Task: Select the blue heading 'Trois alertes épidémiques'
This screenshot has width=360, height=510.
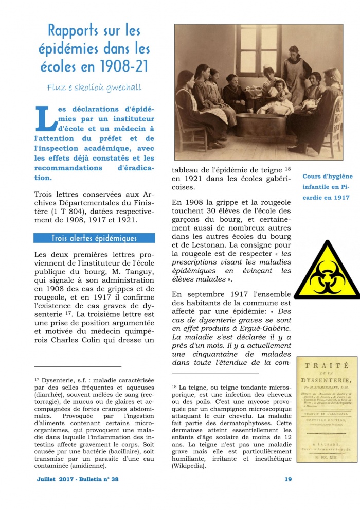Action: pyautogui.click(x=94, y=238)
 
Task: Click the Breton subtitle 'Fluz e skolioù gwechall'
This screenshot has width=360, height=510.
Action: pyautogui.click(x=94, y=87)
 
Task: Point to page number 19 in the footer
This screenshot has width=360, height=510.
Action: pyautogui.click(x=288, y=479)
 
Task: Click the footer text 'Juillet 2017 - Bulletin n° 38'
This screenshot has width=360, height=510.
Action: pyautogui.click(x=78, y=479)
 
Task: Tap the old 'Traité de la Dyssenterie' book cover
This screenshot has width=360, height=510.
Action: pyautogui.click(x=327, y=409)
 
